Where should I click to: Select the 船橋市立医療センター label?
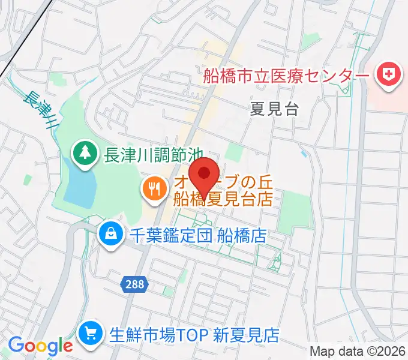tap(286, 76)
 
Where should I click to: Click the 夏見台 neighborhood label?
tap(274, 109)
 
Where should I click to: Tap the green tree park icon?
tap(85, 154)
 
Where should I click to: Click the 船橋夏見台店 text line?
tap(223, 198)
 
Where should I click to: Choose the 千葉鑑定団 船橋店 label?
tap(198, 234)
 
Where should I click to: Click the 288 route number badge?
tap(135, 284)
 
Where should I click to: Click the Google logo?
tap(40, 346)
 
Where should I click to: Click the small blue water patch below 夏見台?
tap(303, 154)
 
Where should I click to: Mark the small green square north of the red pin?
tap(235, 152)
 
